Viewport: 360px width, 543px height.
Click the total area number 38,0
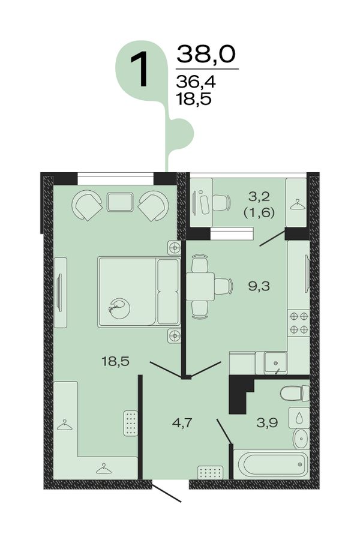point(206,55)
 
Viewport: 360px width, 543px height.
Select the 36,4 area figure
point(196,82)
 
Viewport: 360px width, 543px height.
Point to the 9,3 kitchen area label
point(259,286)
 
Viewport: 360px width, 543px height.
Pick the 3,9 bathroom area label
point(267,422)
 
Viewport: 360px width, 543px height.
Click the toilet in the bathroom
point(295,394)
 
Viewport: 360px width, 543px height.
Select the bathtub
point(271,464)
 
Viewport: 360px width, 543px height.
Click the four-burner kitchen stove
point(299,323)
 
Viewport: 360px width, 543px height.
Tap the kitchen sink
point(275,362)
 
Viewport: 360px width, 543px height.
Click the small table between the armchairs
point(120,202)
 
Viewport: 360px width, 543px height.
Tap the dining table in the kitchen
point(200,286)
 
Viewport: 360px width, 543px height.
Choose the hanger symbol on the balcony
point(296,205)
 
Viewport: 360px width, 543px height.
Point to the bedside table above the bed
point(175,248)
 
